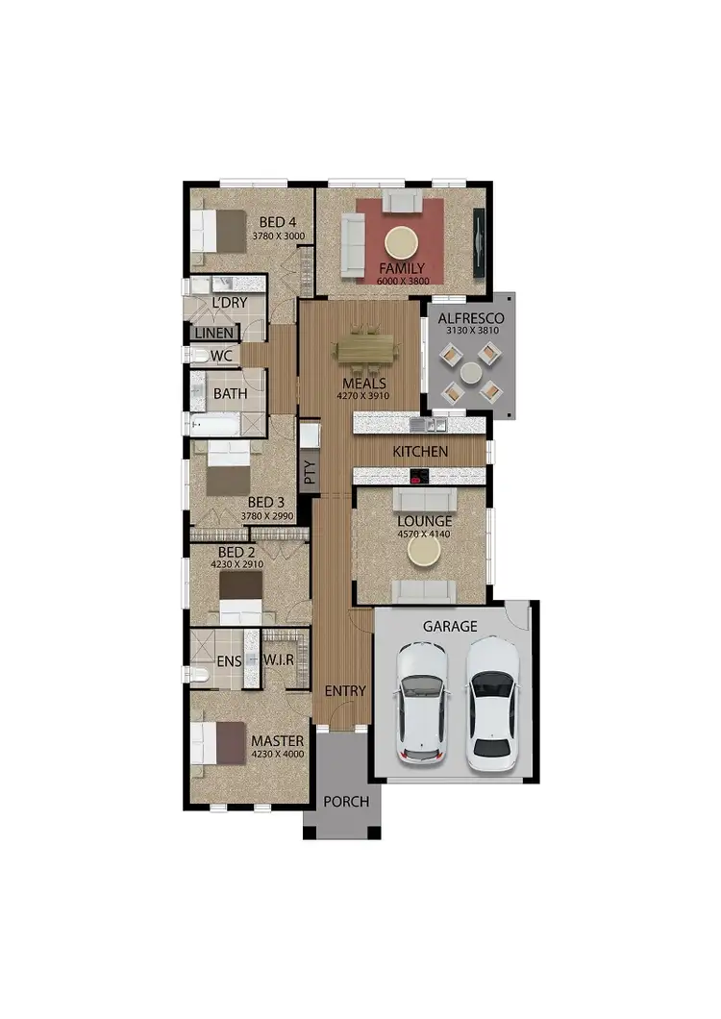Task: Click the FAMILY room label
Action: point(401,267)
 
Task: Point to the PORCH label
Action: point(346,801)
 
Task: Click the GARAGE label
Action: point(450,626)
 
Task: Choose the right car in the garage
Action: point(491,705)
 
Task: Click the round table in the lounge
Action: point(424,552)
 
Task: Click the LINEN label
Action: point(213,333)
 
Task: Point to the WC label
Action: point(221,356)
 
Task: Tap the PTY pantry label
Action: point(309,472)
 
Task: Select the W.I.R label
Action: point(279,661)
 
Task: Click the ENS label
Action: point(228,661)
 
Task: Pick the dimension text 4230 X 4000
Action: point(277,755)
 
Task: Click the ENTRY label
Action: point(345,690)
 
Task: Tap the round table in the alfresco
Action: point(471,373)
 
